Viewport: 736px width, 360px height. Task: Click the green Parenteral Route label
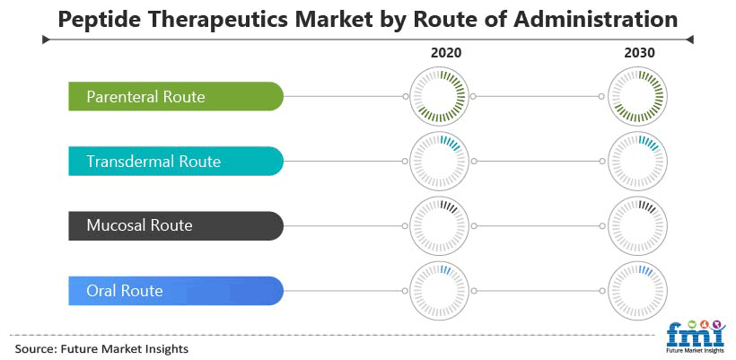coord(176,96)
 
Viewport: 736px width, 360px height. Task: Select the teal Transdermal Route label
coord(176,161)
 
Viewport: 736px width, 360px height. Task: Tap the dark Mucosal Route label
coord(176,225)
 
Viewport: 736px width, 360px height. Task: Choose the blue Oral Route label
coord(176,291)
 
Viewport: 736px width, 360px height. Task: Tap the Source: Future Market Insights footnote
coord(101,348)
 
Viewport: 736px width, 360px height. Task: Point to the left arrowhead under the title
coord(46,40)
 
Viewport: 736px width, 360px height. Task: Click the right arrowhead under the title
coord(689,40)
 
